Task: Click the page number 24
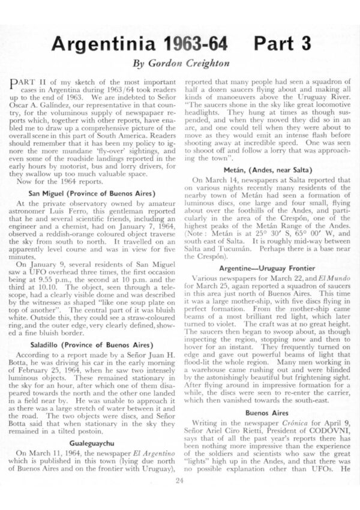[179, 479]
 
